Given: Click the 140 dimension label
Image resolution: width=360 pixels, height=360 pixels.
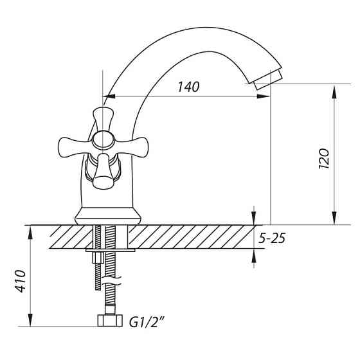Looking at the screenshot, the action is click(x=188, y=87).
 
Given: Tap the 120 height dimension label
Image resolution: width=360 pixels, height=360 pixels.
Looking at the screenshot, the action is click(x=324, y=159).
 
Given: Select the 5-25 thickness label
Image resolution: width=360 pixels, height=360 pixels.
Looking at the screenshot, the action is click(x=272, y=238).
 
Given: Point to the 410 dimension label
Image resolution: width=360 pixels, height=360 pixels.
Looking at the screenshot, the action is click(x=21, y=281).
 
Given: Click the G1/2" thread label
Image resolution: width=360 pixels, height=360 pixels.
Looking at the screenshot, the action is click(x=147, y=322).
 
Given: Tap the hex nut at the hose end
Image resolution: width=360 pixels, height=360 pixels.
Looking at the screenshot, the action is click(x=110, y=321).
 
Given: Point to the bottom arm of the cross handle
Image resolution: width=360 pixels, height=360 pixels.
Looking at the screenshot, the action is click(x=103, y=172).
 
